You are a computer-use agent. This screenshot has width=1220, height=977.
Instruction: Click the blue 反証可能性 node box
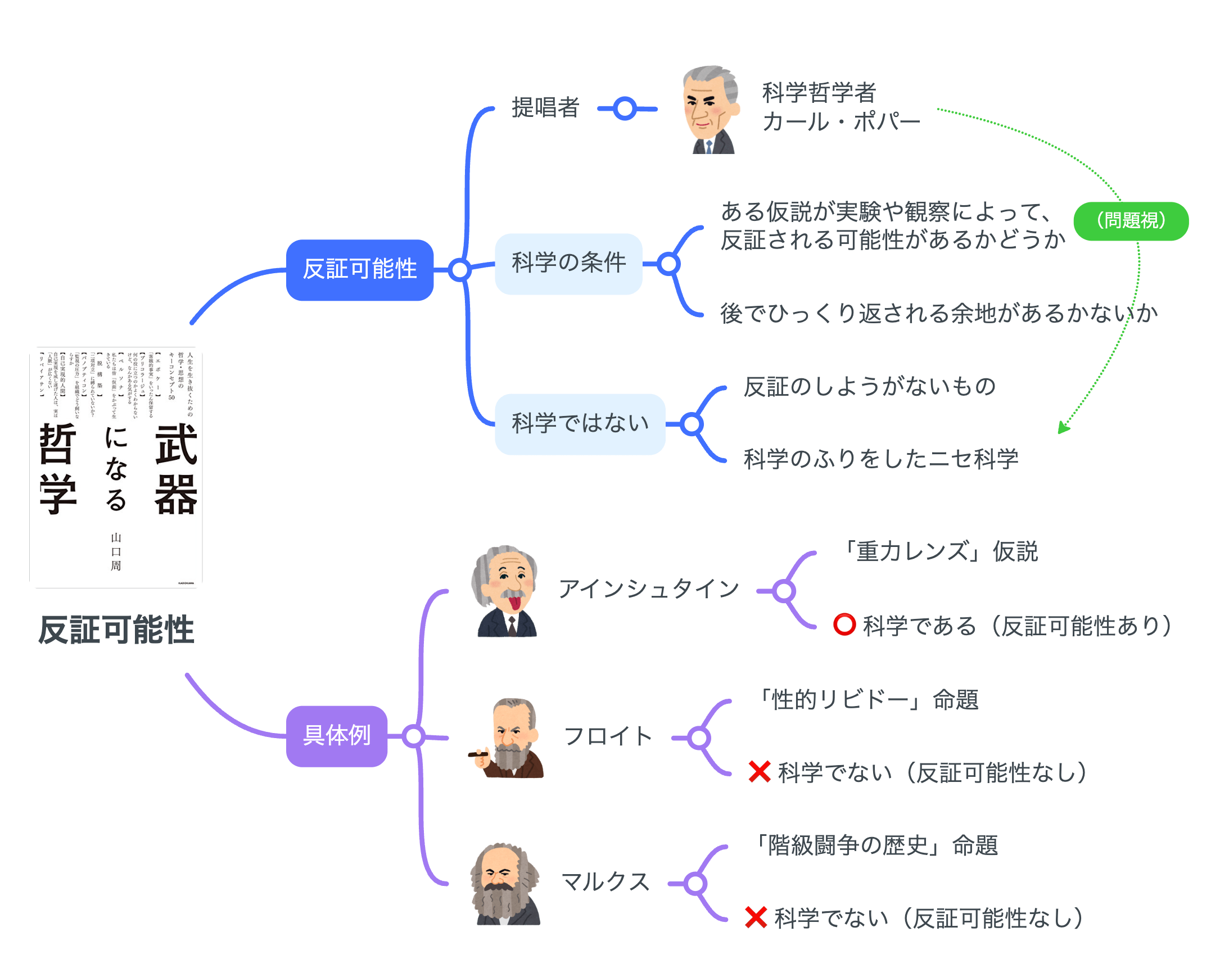359,270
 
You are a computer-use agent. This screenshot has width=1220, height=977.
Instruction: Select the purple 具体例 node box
336,736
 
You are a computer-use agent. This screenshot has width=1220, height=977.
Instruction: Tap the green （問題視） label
1130,220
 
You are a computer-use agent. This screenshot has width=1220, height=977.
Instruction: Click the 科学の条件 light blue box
568,264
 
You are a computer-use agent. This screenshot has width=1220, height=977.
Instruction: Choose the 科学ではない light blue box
580,424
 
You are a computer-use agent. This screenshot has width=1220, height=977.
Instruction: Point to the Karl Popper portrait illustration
710,110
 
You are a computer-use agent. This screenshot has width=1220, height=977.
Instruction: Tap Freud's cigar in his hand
478,753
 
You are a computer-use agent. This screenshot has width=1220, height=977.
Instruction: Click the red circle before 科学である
844,625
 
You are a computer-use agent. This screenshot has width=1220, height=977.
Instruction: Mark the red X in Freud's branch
759,772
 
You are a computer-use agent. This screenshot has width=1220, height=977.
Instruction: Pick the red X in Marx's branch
756,917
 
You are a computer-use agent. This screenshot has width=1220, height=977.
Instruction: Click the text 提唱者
545,107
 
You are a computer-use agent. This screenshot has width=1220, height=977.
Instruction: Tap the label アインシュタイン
648,589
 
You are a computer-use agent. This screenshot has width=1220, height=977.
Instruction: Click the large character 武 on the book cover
175,445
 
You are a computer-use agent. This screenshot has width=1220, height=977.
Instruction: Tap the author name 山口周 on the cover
115,551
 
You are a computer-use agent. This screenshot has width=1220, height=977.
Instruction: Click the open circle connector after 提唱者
625,108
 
